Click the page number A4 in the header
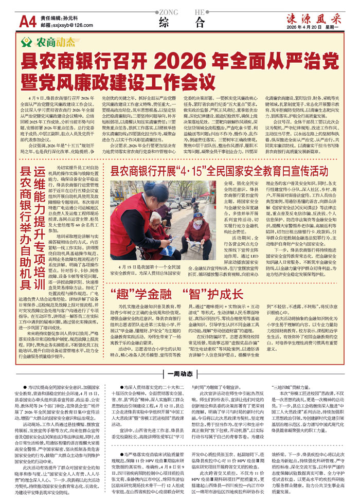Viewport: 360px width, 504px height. point(26,21)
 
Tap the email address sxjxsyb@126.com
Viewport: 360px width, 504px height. point(62,24)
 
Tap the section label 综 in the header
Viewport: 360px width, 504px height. point(165,22)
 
